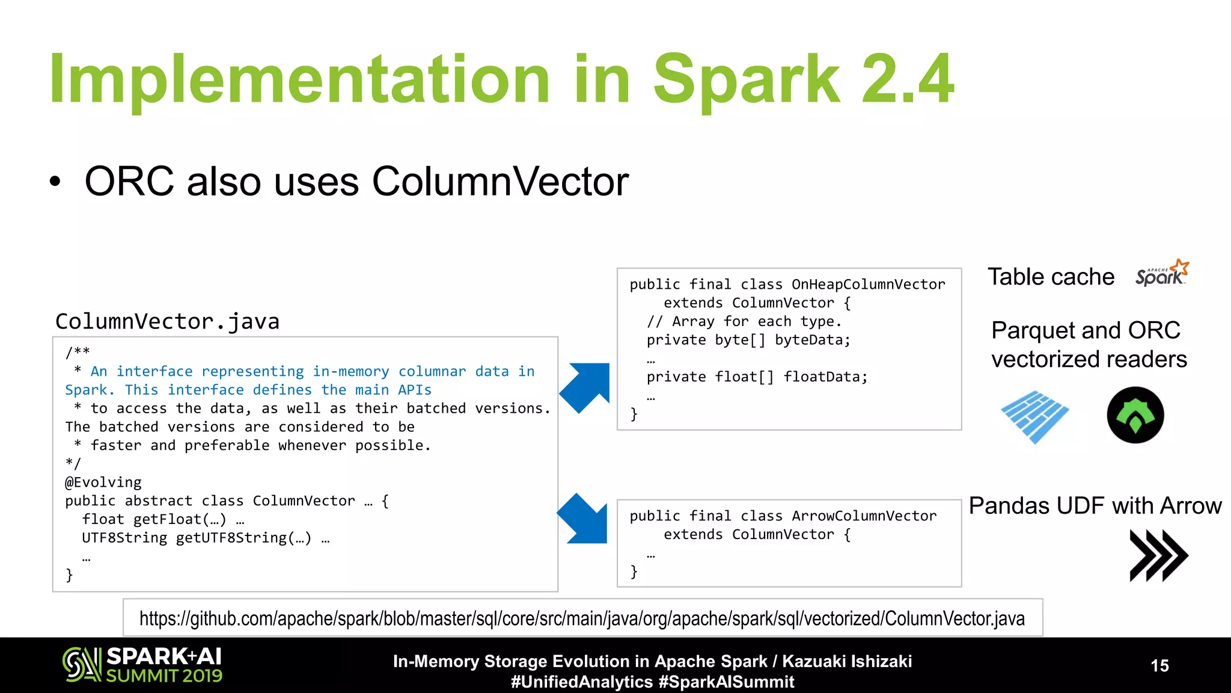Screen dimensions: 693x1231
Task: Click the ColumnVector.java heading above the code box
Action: (167, 322)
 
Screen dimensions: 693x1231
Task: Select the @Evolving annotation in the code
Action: (103, 482)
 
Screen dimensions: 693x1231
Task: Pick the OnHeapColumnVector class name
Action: (868, 285)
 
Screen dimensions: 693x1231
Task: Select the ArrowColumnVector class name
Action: (864, 516)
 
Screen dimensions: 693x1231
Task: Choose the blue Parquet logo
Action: (1034, 416)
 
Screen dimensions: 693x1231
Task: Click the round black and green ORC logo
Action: (1135, 415)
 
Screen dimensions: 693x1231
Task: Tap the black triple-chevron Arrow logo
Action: (1158, 555)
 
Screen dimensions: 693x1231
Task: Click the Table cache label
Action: (1051, 277)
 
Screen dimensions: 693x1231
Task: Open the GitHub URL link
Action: (582, 618)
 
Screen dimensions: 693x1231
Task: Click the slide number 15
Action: (1159, 666)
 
